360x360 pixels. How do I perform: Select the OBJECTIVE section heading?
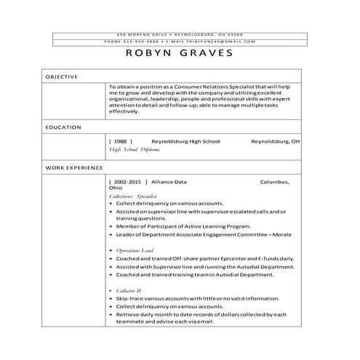pos(62,76)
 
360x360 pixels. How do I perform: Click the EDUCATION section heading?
pos(63,127)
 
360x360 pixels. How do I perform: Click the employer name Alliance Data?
pos(169,181)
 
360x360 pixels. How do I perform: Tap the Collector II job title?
pos(127,290)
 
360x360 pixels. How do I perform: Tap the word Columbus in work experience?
pos(275,181)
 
